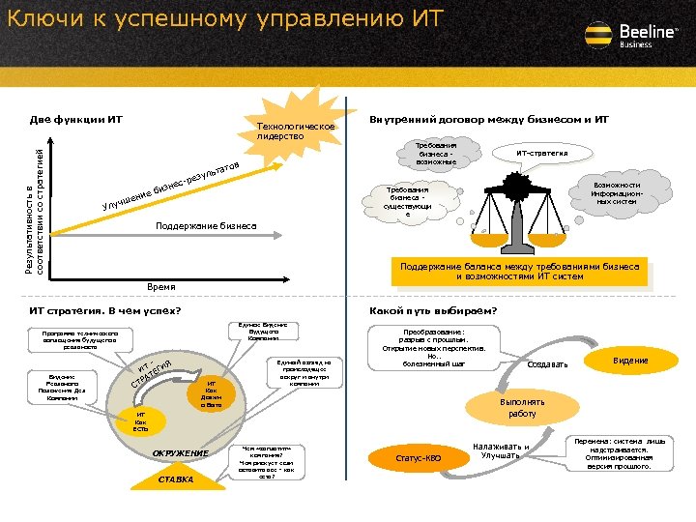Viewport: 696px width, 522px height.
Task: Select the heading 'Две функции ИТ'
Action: pos(76,120)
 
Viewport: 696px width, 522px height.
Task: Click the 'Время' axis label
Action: pos(161,287)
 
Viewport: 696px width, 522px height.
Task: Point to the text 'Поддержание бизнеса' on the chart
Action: pos(207,226)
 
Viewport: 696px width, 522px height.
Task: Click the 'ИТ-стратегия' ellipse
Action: pos(541,153)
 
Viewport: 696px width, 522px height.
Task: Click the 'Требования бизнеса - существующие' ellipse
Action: pos(407,202)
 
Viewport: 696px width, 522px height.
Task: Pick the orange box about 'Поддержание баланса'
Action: pos(519,272)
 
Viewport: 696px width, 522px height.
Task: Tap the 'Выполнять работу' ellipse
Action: pos(522,408)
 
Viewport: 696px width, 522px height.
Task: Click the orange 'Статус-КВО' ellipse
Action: pos(419,456)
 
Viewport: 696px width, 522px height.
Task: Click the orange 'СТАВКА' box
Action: pos(176,479)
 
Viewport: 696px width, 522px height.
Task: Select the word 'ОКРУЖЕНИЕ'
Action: pos(181,452)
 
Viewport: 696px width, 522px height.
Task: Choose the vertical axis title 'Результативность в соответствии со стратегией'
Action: pos(35,205)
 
